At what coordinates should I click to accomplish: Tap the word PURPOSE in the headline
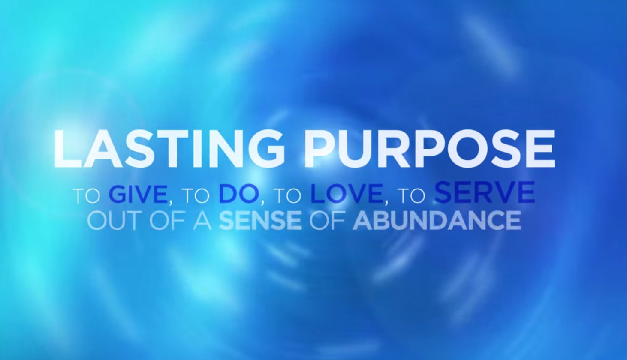tap(429, 149)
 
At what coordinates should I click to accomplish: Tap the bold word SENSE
tap(260, 220)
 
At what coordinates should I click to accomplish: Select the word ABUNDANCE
tap(437, 220)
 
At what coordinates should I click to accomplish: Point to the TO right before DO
tap(196, 195)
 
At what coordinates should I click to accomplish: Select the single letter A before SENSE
tap(202, 220)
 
